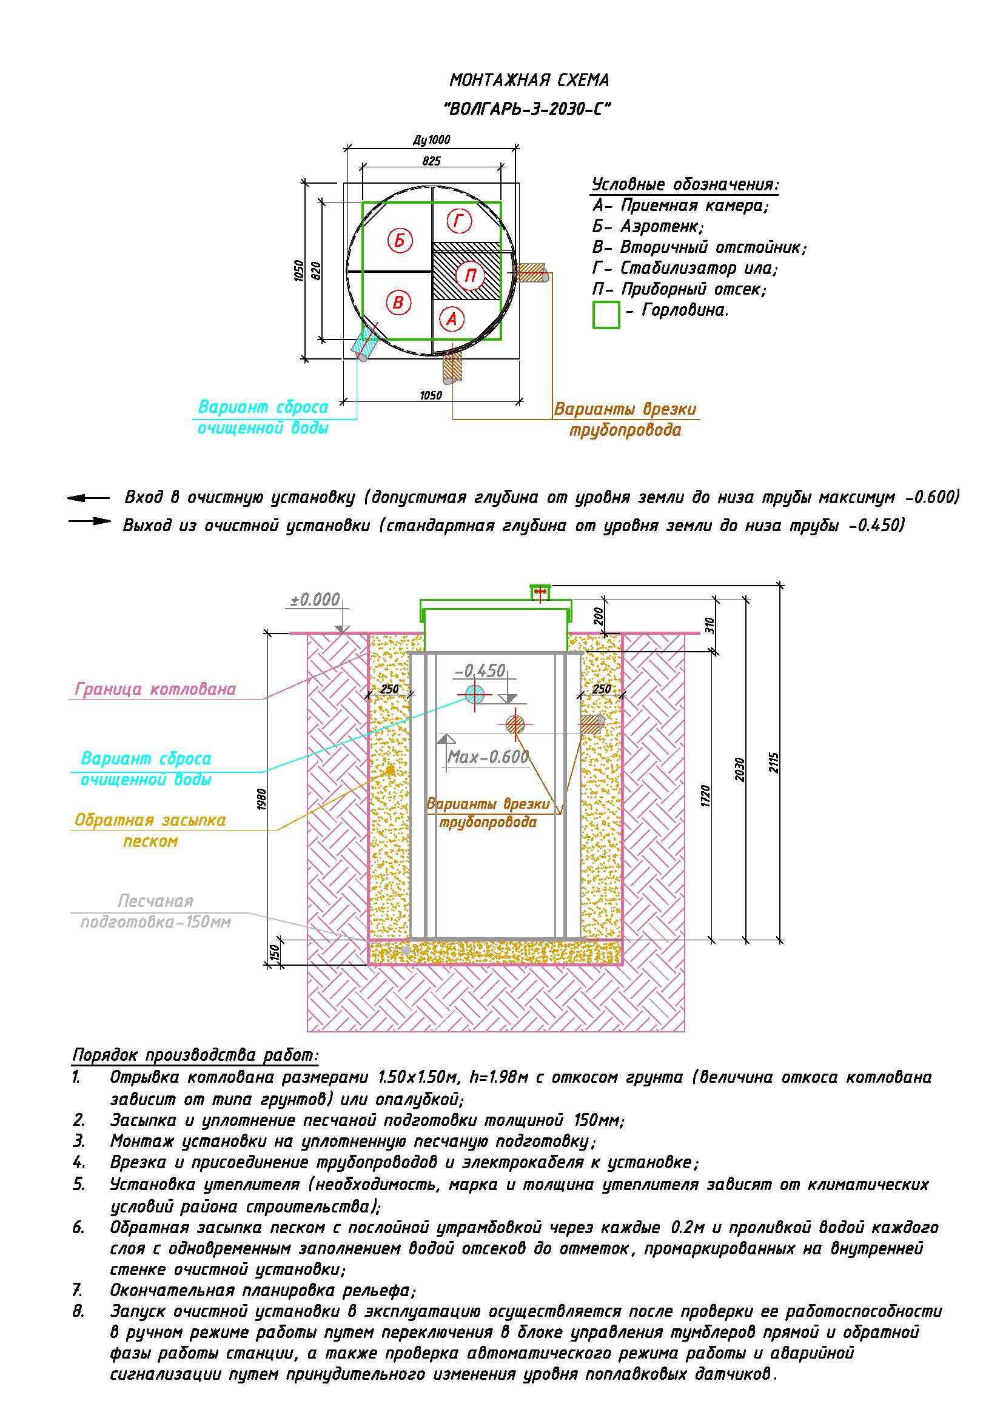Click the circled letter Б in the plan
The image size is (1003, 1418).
400,239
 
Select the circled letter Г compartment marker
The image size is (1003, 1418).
459,221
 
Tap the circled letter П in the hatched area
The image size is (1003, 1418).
470,275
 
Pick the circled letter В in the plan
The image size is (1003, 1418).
398,303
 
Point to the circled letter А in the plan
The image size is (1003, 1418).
452,319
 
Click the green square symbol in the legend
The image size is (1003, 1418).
606,315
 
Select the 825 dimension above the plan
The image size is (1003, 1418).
432,161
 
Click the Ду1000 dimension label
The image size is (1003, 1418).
432,139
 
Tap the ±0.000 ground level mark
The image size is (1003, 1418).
315,599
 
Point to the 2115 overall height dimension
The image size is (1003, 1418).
775,763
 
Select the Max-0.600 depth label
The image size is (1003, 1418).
488,757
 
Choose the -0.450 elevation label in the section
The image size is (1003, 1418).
480,671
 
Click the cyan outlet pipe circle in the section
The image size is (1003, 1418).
474,694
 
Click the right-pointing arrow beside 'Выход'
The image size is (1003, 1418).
89,521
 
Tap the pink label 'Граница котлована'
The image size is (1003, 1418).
155,689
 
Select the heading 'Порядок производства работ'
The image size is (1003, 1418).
195,1055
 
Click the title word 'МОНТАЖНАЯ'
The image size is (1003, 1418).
498,80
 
